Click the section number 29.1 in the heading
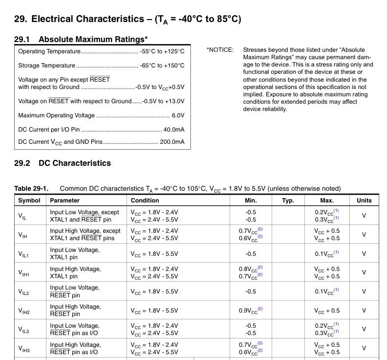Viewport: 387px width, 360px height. point(22,39)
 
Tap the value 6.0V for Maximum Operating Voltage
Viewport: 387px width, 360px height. point(178,115)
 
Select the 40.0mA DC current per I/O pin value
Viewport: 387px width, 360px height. point(173,130)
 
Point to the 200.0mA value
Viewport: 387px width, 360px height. point(172,142)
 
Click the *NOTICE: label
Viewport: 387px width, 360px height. point(220,50)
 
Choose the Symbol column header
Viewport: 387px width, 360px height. point(29,201)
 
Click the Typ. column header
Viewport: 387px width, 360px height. point(288,201)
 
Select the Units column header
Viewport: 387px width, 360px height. point(364,201)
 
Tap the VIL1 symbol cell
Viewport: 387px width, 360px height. point(23,254)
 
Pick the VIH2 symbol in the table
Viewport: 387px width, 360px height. point(23,311)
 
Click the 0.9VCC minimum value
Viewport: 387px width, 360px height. point(251,311)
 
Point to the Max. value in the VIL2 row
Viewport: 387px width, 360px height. point(326,292)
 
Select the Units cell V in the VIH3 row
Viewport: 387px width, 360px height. point(364,348)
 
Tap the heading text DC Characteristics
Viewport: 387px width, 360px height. point(75,163)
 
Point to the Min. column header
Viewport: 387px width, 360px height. point(251,201)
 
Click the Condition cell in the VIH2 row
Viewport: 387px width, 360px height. point(154,311)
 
